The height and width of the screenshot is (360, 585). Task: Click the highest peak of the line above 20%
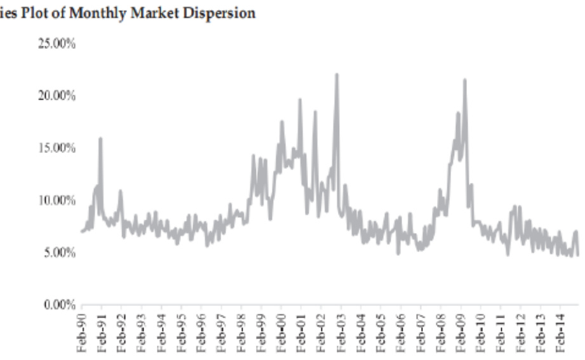click(x=337, y=75)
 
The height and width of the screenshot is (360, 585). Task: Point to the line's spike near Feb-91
click(x=100, y=138)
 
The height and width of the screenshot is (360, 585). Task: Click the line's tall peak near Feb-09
click(x=465, y=80)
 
